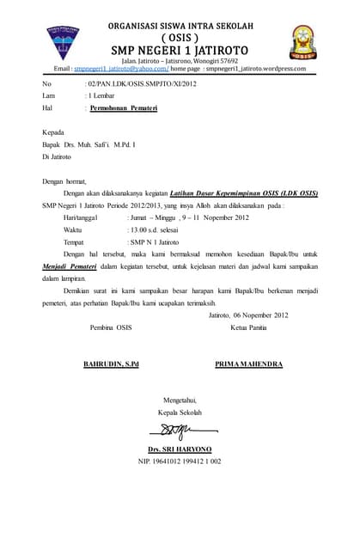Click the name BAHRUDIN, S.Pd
(x=111, y=364)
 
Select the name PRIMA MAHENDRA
(x=248, y=364)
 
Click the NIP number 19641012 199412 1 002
(x=180, y=461)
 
